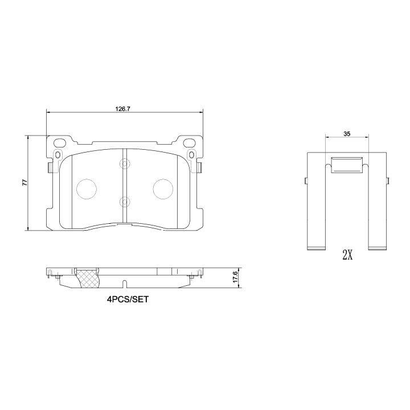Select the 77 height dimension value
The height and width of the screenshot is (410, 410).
[x=24, y=183]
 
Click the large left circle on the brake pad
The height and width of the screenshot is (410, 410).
[x=87, y=188]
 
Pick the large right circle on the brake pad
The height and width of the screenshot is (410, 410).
[x=163, y=188]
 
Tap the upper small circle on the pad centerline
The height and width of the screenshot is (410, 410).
[x=125, y=164]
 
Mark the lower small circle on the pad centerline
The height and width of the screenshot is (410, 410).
[x=125, y=201]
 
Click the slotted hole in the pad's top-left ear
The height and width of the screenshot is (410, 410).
[x=58, y=154]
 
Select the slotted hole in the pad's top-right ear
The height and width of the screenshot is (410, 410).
[x=192, y=154]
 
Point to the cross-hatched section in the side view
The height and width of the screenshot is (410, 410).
[x=87, y=278]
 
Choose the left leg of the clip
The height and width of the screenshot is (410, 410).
[x=316, y=205]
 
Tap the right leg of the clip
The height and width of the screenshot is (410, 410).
[x=378, y=205]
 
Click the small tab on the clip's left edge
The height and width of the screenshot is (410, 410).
[x=306, y=181]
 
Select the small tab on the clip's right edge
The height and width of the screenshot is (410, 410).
[x=388, y=181]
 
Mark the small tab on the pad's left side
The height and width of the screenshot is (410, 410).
[x=50, y=166]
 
